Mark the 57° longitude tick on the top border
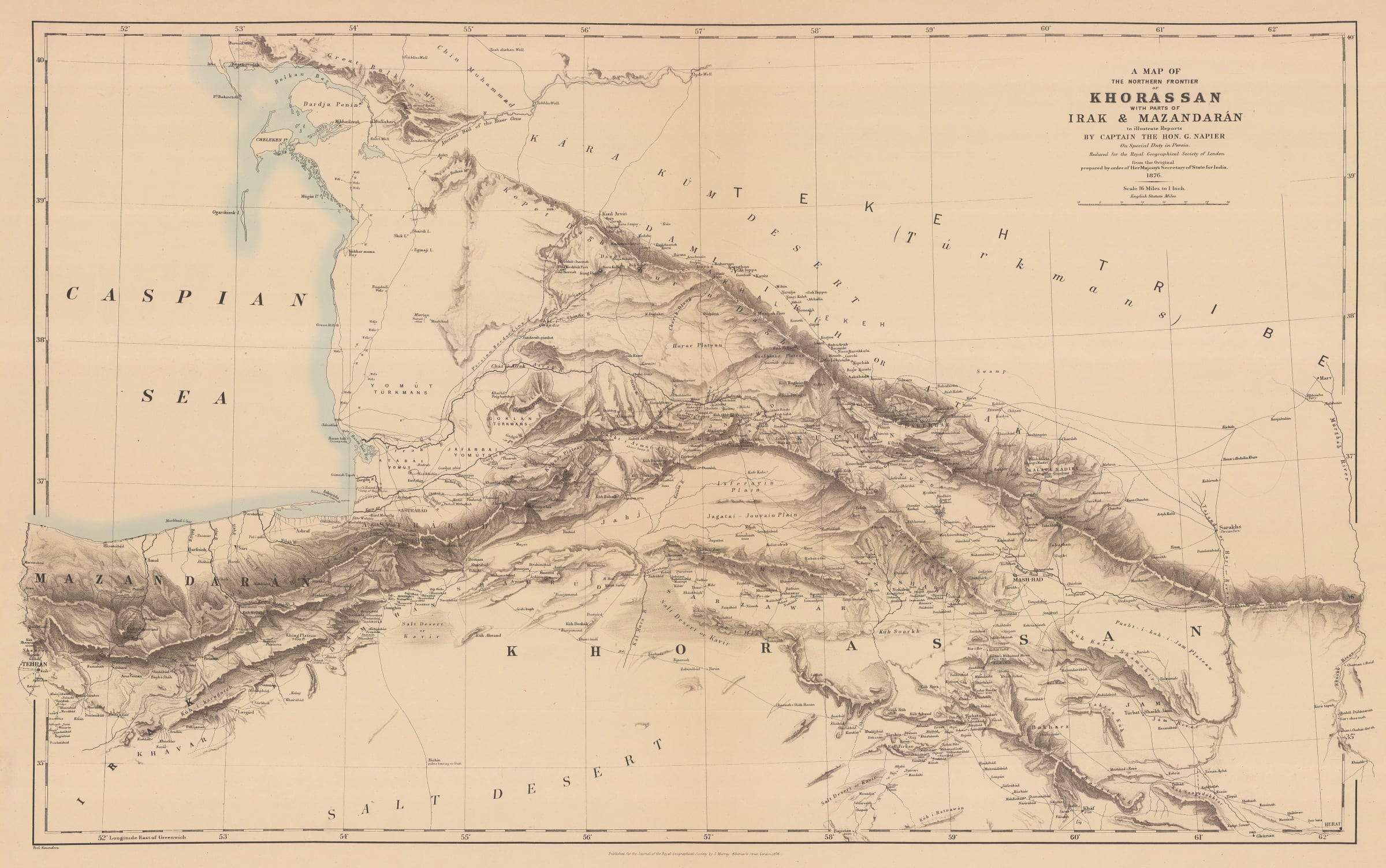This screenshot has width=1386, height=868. (701, 30)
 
